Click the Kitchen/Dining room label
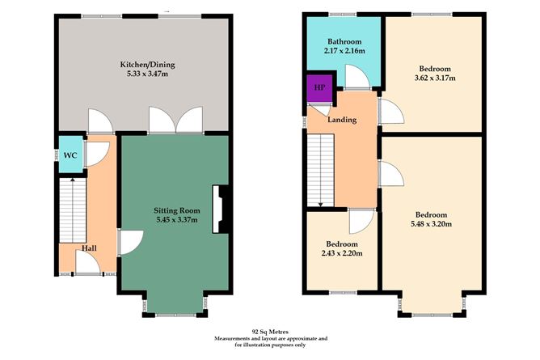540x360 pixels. (x=147, y=65)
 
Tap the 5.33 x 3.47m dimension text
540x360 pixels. (x=147, y=74)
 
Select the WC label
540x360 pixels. (x=70, y=156)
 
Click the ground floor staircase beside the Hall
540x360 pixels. (x=72, y=210)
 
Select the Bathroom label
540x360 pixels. (x=344, y=42)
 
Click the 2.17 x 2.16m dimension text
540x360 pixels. (x=344, y=52)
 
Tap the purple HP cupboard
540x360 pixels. (x=319, y=87)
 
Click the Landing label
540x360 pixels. (x=343, y=120)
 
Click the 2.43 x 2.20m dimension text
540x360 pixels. (x=344, y=253)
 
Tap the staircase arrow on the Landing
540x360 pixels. (x=321, y=203)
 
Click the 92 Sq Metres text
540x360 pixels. (x=269, y=331)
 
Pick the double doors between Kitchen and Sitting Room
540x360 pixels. (x=175, y=121)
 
